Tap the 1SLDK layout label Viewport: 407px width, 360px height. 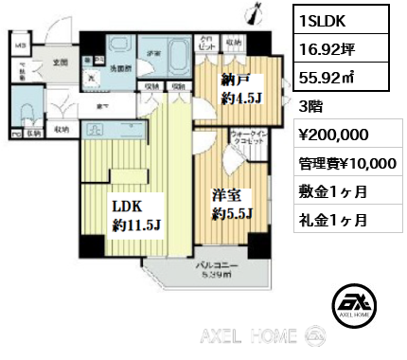pyautogui.click(x=325, y=19)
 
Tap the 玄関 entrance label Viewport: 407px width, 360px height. pyautogui.click(x=59, y=63)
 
